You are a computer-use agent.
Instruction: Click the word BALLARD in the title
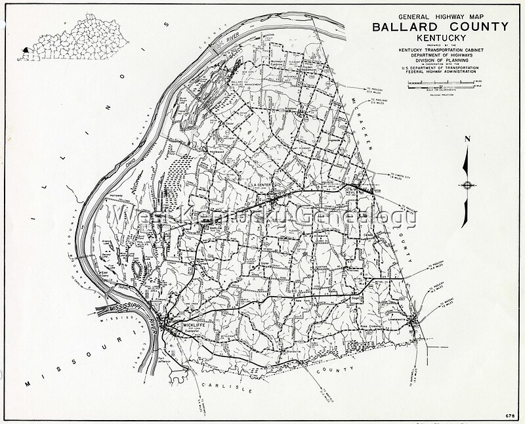[x=404, y=27]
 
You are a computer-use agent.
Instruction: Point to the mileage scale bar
[x=439, y=84]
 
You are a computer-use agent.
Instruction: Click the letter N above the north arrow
[x=467, y=139]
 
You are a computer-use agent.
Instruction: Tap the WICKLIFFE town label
[x=180, y=324]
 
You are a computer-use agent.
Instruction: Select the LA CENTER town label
[x=261, y=186]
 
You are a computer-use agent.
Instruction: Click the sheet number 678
[x=509, y=416]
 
